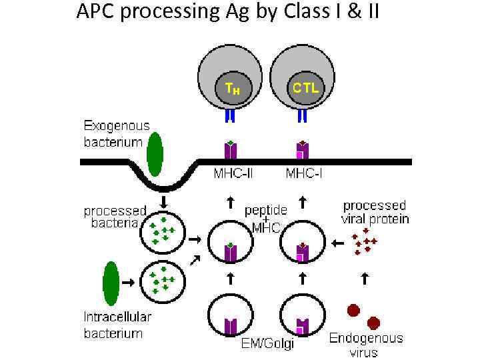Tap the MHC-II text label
coord(232,174)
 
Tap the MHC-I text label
coord(305,174)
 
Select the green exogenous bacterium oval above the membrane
coord(155,153)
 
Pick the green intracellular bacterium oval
coord(111,283)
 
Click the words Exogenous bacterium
coord(116,133)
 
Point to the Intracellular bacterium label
coord(117,325)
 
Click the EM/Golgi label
coord(267,344)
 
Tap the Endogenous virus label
coord(365,344)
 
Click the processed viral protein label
coord(375,212)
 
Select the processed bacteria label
coord(115,217)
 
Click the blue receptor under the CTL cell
coord(302,116)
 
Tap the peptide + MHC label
coord(266,218)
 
